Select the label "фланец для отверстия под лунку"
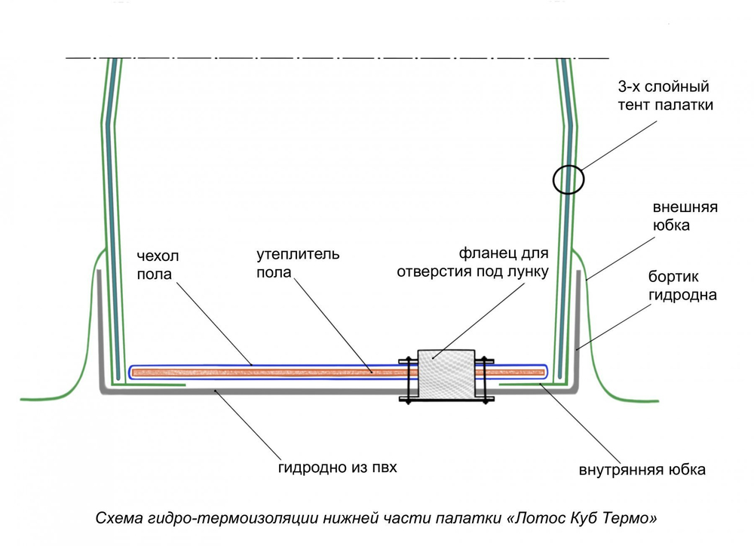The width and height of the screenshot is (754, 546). click(471, 263)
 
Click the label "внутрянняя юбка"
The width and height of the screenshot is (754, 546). click(642, 470)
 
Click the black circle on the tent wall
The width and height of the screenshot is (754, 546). click(569, 179)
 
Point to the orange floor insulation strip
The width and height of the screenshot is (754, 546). click(264, 372)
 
